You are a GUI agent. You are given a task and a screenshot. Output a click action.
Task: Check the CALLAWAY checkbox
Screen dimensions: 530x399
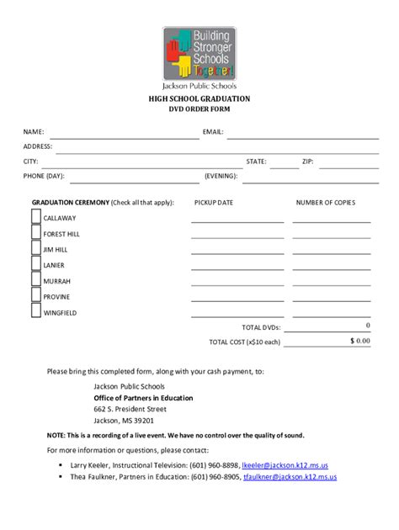36,218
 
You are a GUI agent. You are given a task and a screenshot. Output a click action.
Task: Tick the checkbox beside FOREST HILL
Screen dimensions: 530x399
36,234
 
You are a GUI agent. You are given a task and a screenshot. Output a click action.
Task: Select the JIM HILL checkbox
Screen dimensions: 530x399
36,249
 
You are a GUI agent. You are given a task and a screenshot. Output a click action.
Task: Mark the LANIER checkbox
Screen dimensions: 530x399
36,265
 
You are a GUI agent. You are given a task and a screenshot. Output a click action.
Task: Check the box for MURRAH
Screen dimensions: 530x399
36,281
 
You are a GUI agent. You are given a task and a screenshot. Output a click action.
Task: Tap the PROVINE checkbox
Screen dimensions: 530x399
36,296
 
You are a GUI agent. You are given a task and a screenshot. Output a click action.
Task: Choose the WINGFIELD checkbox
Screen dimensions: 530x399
36,312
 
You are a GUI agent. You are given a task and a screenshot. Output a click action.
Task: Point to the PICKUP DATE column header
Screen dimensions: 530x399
214,203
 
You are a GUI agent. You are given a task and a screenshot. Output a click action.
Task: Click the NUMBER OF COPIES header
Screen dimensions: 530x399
326,203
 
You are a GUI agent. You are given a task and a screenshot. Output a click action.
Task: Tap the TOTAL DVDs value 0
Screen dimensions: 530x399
368,326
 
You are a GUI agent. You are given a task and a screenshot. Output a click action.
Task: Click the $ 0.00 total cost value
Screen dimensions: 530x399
360,341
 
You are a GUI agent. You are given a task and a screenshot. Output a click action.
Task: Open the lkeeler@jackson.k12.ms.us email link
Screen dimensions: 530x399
285,465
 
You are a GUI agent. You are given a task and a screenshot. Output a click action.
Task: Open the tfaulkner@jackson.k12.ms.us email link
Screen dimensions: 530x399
290,477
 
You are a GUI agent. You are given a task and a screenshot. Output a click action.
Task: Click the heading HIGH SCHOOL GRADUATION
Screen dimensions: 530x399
199,99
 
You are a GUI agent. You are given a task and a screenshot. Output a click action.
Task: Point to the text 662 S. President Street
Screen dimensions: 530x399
125,409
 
